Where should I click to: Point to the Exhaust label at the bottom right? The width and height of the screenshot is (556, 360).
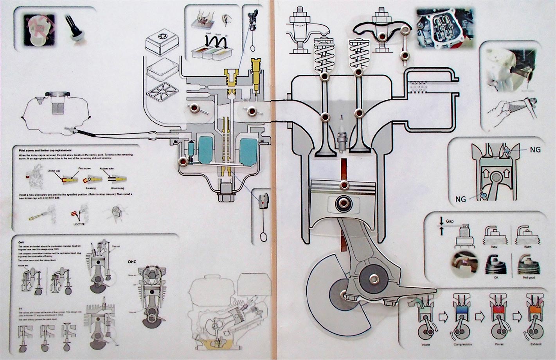coord(534,344)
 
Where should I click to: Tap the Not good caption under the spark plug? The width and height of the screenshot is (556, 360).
coord(529,277)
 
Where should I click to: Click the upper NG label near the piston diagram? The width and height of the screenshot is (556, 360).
coord(535,149)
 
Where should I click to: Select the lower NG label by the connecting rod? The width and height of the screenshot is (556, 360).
coord(461,199)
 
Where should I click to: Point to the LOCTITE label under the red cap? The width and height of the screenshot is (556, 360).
coord(79,224)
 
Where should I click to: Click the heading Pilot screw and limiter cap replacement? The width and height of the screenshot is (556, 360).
coord(45,150)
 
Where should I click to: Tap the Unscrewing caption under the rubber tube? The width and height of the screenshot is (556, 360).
coord(117,188)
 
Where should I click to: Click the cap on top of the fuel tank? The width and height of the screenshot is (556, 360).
coord(58,95)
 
